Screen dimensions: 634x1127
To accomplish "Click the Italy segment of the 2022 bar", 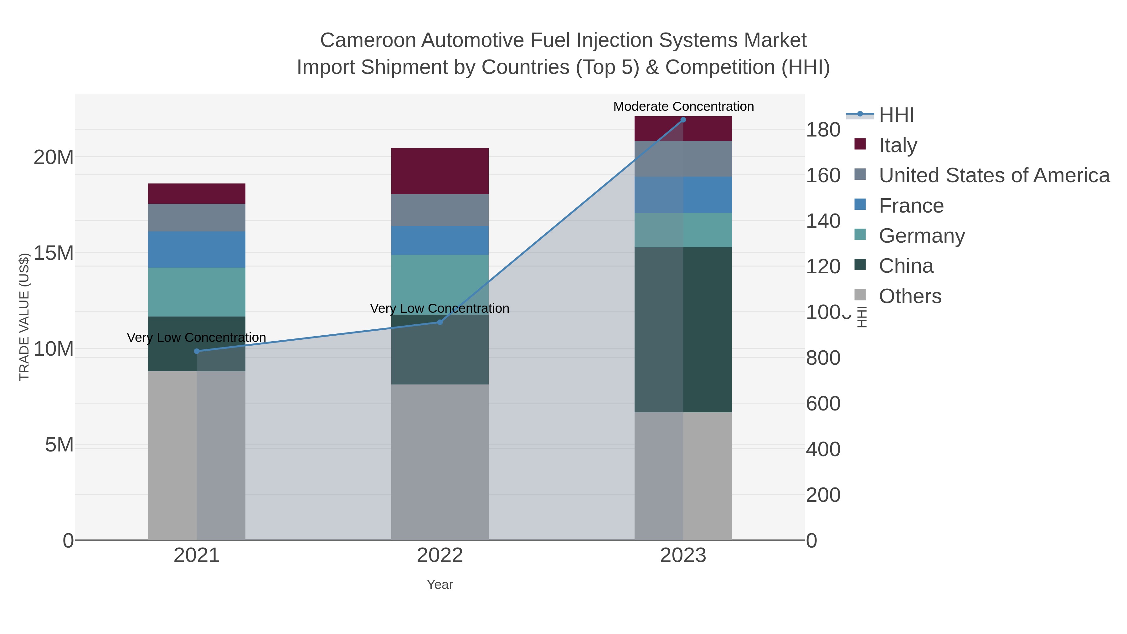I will (x=440, y=171).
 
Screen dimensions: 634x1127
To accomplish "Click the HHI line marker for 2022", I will (x=440, y=322).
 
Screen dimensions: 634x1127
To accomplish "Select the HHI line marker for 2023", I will (x=683, y=120).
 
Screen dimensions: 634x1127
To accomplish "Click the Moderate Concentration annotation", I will (x=683, y=106).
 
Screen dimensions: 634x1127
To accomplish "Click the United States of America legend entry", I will (x=994, y=175).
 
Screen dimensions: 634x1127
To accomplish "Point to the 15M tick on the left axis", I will (x=53, y=253).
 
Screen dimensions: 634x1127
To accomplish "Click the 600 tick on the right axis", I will (x=822, y=404).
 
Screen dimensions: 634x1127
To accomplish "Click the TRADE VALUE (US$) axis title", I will (x=24, y=317).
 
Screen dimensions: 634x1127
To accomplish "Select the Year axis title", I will (x=440, y=584).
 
